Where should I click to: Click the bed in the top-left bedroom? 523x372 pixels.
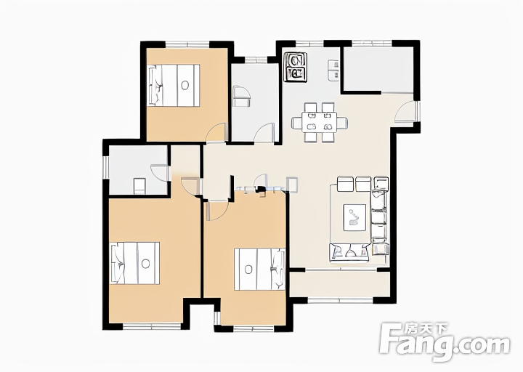point(174,86)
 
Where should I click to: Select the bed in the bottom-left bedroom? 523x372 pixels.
point(135,263)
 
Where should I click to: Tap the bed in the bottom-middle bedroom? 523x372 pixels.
point(259,269)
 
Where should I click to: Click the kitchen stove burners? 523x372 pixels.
point(295,67)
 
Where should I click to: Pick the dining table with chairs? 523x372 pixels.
point(320,122)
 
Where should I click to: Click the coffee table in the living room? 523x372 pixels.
point(354,217)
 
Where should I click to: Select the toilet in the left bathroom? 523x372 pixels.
point(139,186)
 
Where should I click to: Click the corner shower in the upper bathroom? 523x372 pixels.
point(242,96)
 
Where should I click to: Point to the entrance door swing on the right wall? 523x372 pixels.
point(405,112)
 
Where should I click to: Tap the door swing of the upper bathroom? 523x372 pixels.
point(264,133)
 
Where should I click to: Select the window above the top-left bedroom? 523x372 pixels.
point(187,44)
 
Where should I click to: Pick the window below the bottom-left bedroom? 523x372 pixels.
point(153,326)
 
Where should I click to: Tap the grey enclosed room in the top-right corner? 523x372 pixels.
point(378,69)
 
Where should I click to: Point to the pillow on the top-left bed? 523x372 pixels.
point(155,86)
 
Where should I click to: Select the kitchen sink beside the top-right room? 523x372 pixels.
point(333,70)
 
